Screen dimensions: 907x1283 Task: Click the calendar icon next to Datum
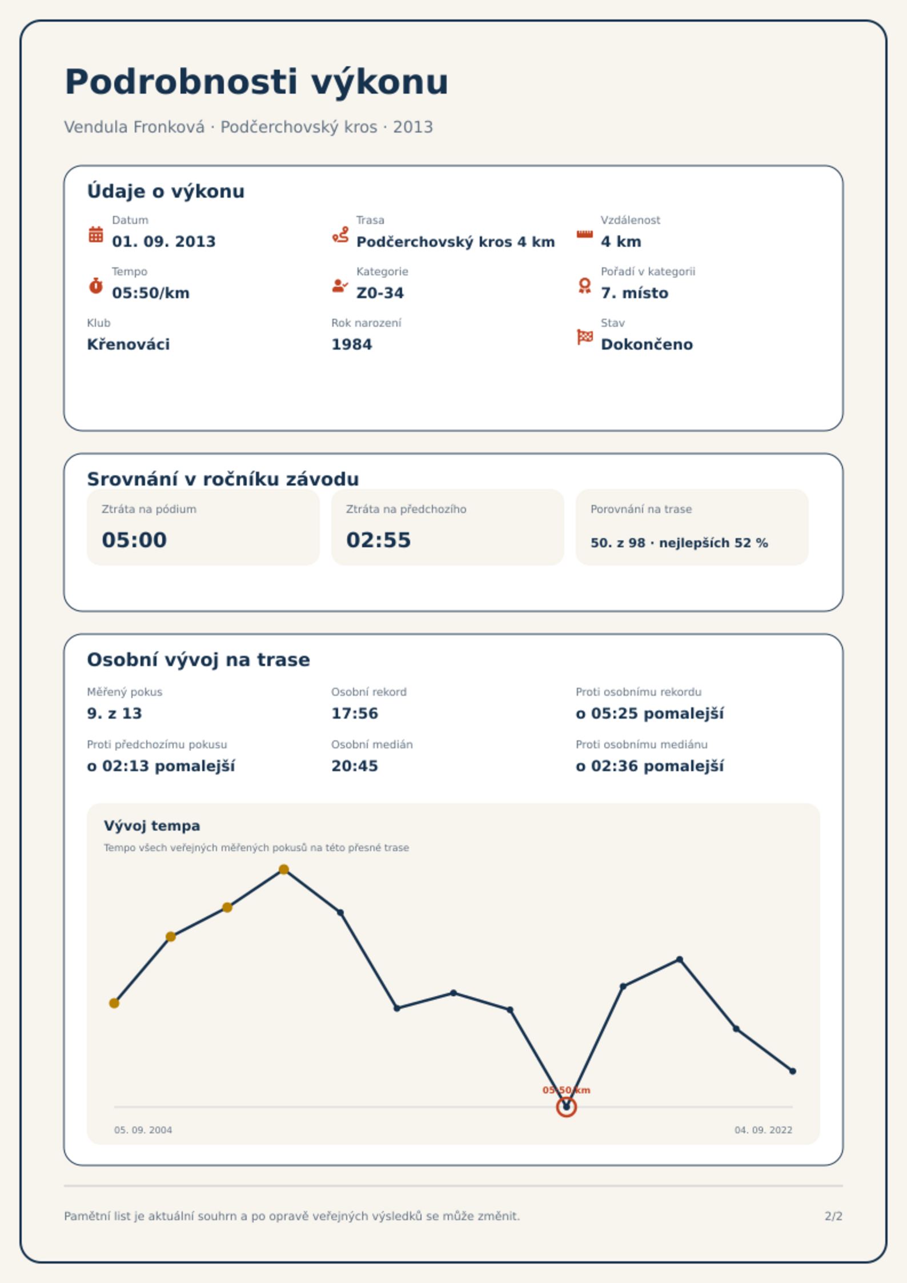coord(96,234)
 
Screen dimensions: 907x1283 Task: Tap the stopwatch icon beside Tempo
coord(96,286)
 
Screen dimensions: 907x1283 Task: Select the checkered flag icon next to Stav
coord(585,337)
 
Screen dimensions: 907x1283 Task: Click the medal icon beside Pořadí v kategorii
coord(584,286)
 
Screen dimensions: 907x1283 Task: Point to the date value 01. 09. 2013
coord(164,242)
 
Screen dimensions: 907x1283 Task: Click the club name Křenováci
coord(129,344)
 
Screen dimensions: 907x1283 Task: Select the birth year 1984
coord(352,344)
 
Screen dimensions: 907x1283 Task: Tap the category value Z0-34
coord(380,293)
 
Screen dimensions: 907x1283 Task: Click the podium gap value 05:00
coord(134,540)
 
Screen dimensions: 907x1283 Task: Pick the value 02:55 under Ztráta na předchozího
coord(379,540)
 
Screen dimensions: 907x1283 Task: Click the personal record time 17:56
coord(355,713)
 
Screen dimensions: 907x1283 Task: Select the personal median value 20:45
coord(355,766)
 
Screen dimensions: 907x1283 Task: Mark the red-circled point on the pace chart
coord(567,1107)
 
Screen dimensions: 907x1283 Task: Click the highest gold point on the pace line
coord(284,869)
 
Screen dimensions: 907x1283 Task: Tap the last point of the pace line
coord(793,1071)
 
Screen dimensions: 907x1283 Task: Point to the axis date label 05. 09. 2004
coord(143,1130)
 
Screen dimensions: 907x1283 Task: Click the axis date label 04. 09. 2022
coord(764,1130)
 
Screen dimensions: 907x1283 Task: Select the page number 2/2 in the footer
coord(834,1216)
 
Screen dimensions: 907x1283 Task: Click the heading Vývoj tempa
coord(152,826)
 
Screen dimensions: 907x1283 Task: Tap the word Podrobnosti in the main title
coord(182,82)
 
